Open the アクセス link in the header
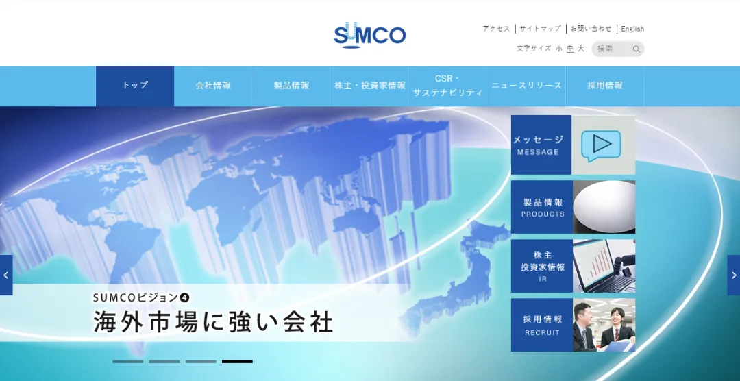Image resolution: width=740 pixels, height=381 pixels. pyautogui.click(x=496, y=29)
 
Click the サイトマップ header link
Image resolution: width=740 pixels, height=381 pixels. pyautogui.click(x=540, y=29)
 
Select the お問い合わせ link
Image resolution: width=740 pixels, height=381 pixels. pyautogui.click(x=591, y=29)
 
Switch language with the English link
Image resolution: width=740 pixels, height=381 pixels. pyautogui.click(x=632, y=29)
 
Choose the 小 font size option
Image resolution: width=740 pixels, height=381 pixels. pyautogui.click(x=559, y=49)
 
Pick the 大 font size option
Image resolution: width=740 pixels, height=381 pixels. pyautogui.click(x=581, y=49)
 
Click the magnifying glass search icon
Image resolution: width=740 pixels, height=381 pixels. pyautogui.click(x=636, y=49)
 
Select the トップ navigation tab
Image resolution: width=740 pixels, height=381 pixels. pyautogui.click(x=135, y=86)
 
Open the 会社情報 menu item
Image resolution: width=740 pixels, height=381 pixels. pyautogui.click(x=213, y=86)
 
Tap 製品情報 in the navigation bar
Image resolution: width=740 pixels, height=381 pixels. pyautogui.click(x=291, y=86)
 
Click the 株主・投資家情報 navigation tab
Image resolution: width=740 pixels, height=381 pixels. pyautogui.click(x=370, y=86)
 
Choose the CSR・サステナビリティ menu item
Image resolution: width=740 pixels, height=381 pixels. pyautogui.click(x=448, y=86)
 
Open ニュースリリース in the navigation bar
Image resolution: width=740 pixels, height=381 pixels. pyautogui.click(x=526, y=86)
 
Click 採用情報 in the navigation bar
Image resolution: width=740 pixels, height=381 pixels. pyautogui.click(x=605, y=86)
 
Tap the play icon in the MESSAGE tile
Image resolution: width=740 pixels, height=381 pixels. pyautogui.click(x=601, y=144)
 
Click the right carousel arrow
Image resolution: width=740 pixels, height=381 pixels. pyautogui.click(x=733, y=275)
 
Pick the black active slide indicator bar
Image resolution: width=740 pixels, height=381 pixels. pyautogui.click(x=237, y=361)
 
